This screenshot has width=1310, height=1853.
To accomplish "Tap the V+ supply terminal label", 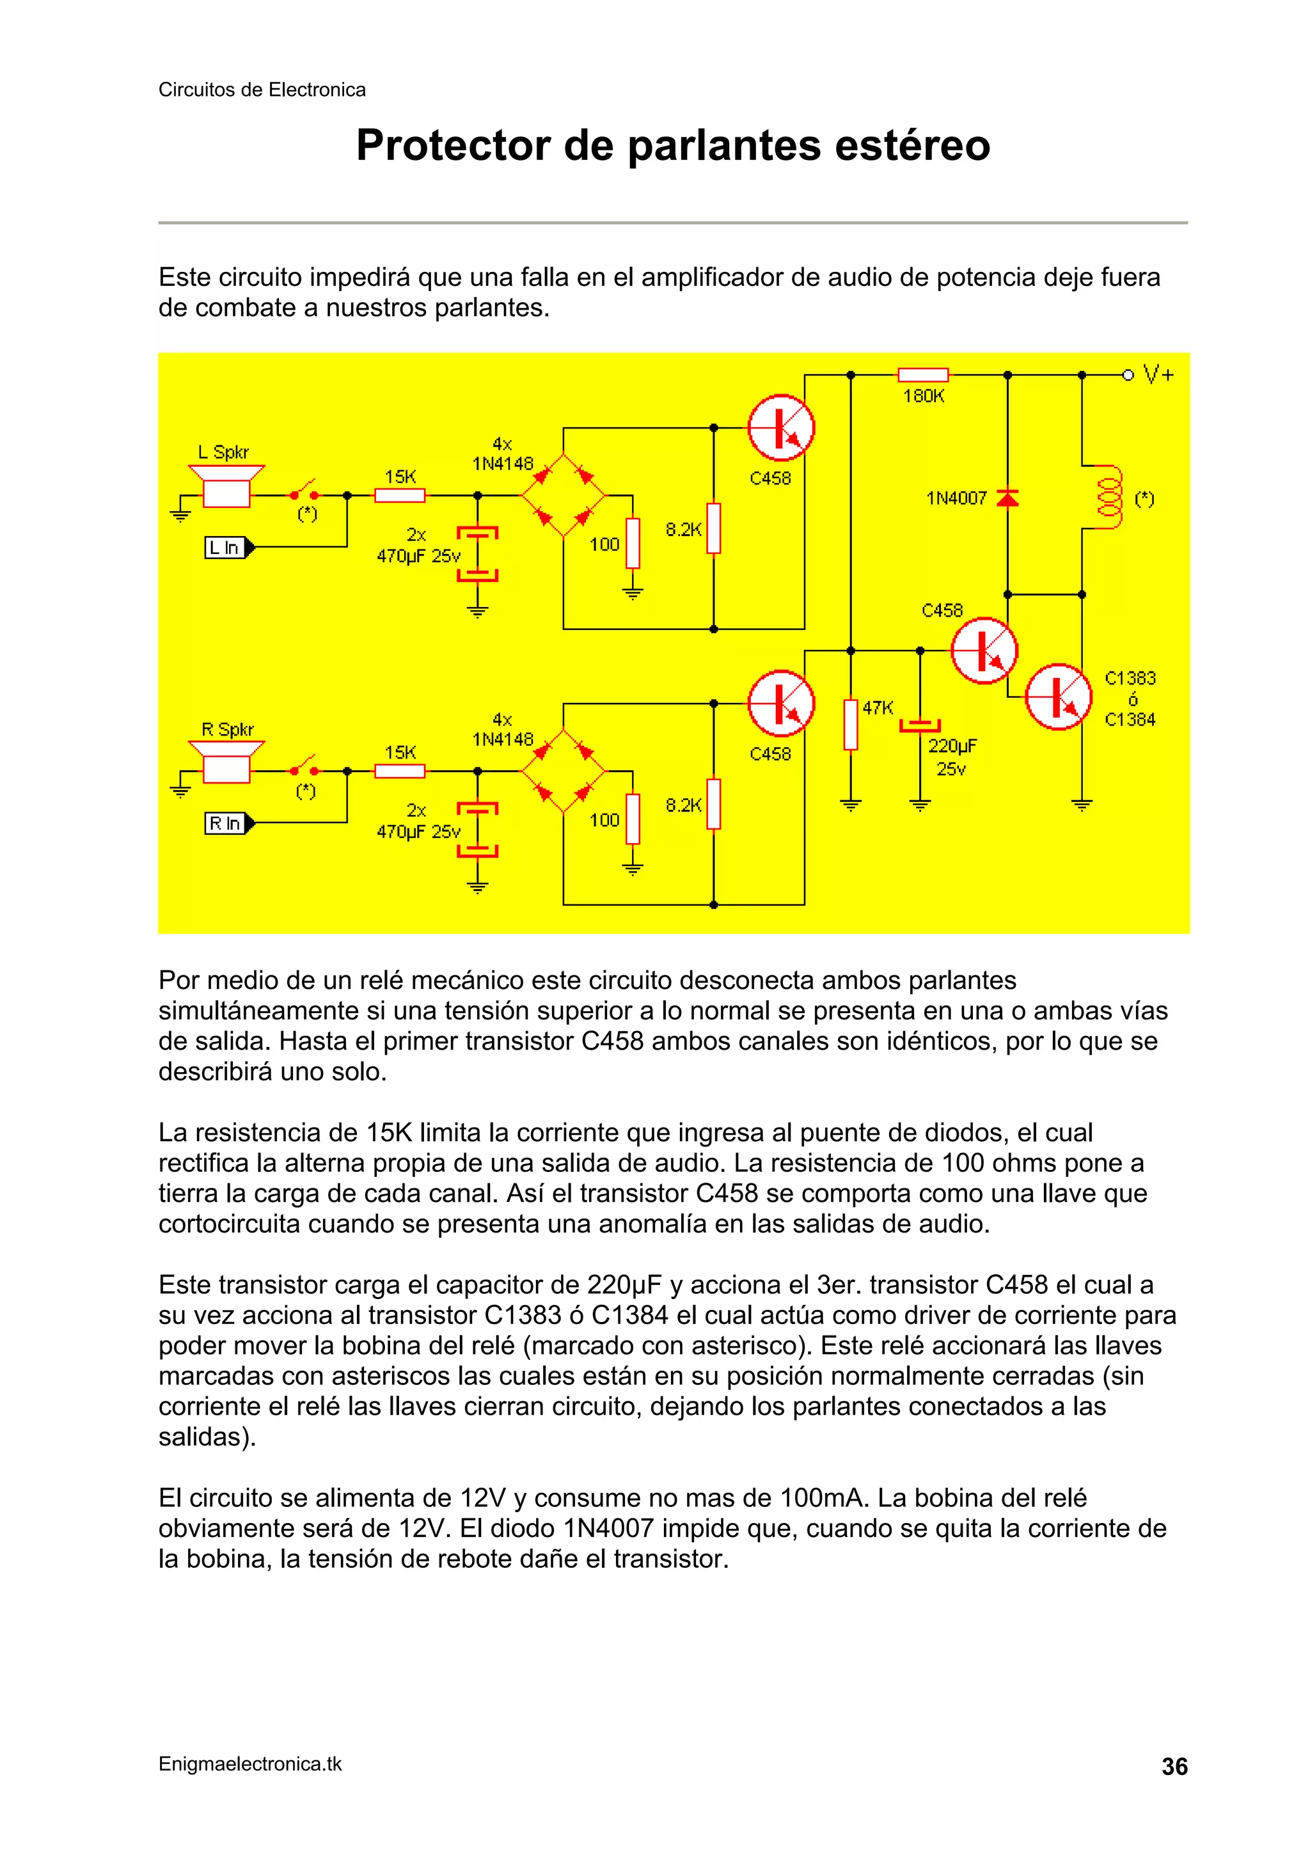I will click(1158, 374).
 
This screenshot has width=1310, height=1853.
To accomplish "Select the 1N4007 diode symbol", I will click(1007, 498).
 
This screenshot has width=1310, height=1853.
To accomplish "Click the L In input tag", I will click(228, 548).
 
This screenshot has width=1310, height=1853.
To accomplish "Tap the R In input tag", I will click(228, 823).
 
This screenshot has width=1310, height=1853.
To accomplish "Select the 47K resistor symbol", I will click(850, 725).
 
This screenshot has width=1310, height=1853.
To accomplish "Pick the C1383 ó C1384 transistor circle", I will click(1058, 697).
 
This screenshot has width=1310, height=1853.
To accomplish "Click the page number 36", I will click(1174, 1767).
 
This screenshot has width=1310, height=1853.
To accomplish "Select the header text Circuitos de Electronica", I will click(262, 90).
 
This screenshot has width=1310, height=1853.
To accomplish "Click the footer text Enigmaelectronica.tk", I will click(250, 1764).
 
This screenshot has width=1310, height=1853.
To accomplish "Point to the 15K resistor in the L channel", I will click(400, 496).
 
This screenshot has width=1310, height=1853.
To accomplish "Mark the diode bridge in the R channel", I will click(563, 771).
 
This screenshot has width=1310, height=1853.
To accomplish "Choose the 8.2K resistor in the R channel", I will click(713, 804).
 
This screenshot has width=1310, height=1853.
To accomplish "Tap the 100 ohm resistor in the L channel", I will click(633, 543).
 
